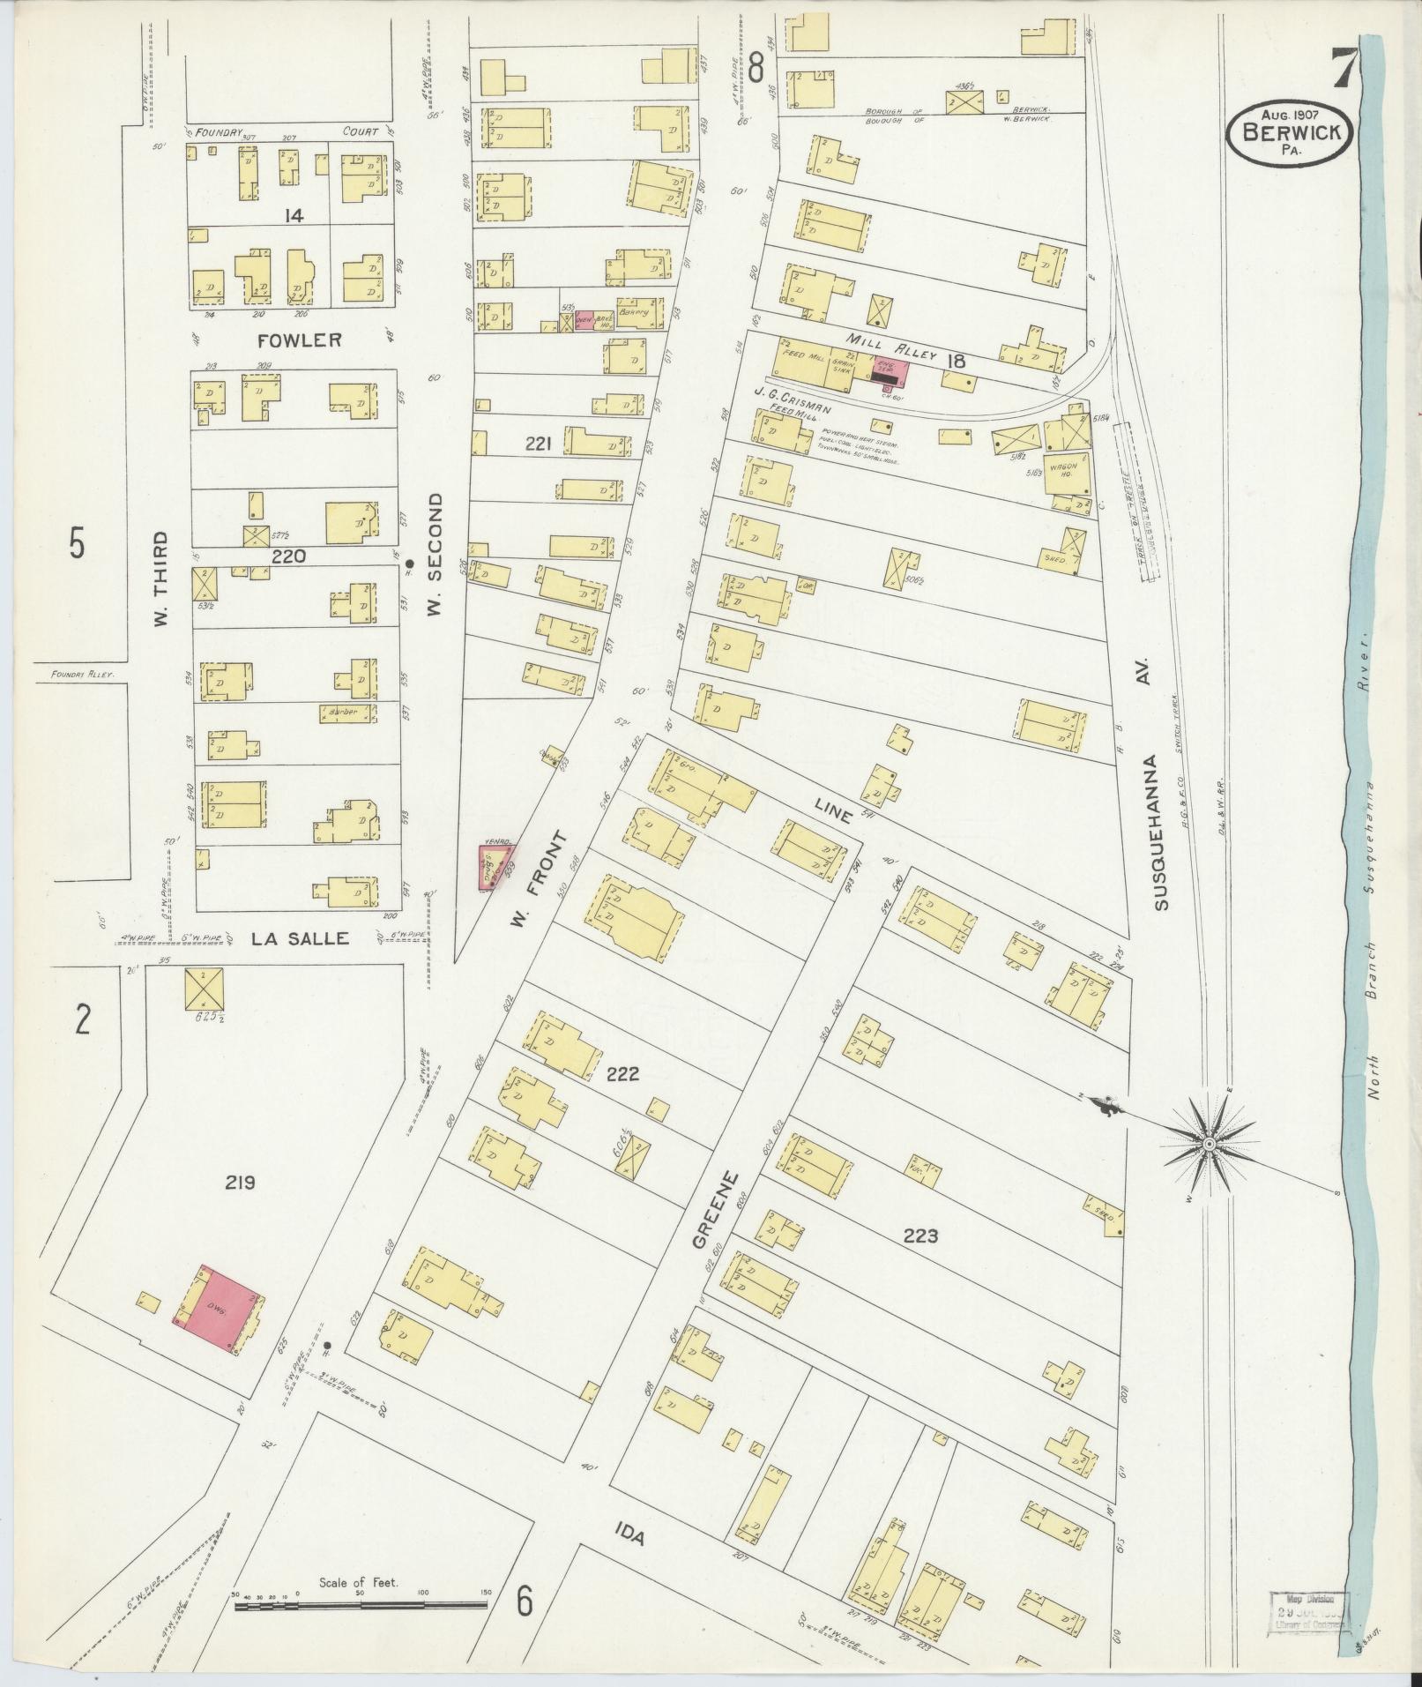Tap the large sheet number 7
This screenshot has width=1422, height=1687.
(x=1344, y=68)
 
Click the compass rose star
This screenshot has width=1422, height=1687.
(x=1210, y=1144)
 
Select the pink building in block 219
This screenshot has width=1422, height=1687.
(x=218, y=1307)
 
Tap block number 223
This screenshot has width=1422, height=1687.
(x=919, y=1236)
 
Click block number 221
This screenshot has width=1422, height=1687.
(x=538, y=444)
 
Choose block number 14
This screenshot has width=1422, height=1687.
(x=294, y=215)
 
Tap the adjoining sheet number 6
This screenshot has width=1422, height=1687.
(x=525, y=1601)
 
